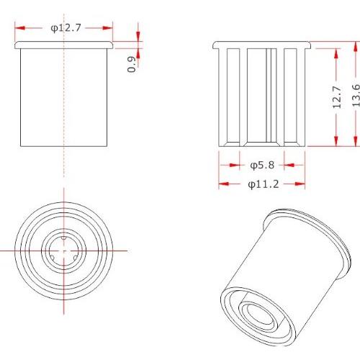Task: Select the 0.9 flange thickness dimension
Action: click(x=131, y=64)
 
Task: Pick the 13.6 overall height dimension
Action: click(x=355, y=96)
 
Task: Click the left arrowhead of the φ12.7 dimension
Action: click(x=19, y=28)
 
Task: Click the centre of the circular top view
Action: click(x=64, y=250)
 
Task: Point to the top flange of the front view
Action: click(x=64, y=45)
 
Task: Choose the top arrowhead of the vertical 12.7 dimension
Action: click(x=336, y=53)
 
